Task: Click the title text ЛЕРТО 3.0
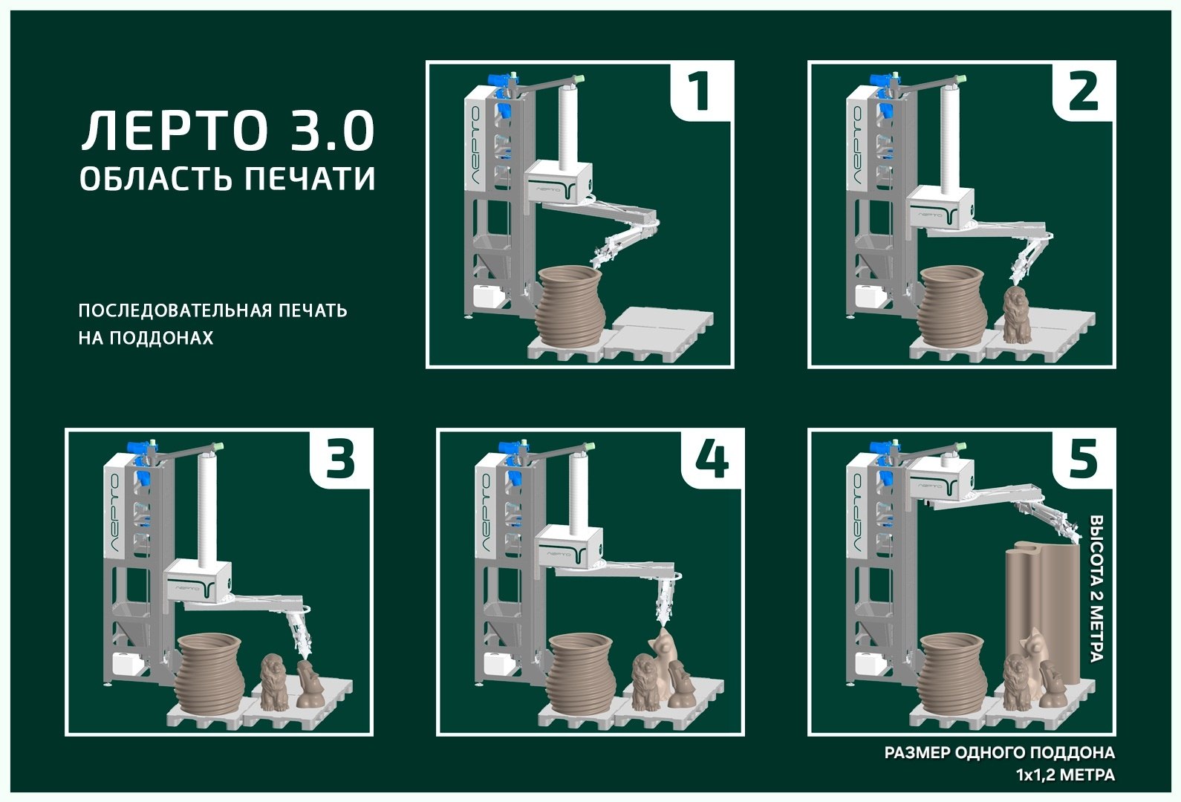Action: click(228, 131)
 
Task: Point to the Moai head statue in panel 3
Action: click(308, 684)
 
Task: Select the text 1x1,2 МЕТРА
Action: click(1066, 775)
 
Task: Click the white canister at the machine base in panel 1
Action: click(489, 297)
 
